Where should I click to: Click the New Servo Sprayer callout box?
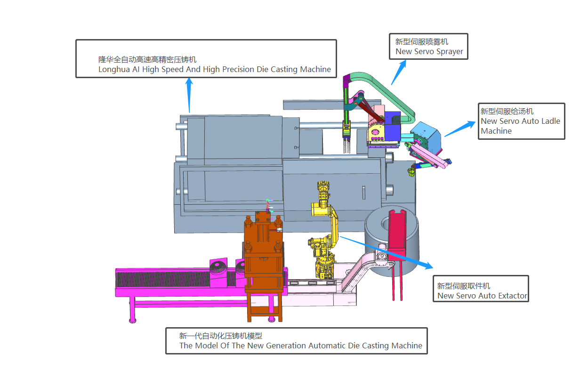click(x=428, y=46)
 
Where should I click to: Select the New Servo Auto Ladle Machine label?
click(x=521, y=121)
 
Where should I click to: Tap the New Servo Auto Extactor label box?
click(x=480, y=289)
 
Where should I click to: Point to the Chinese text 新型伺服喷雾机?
click(x=422, y=42)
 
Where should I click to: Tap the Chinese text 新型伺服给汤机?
click(x=507, y=112)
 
